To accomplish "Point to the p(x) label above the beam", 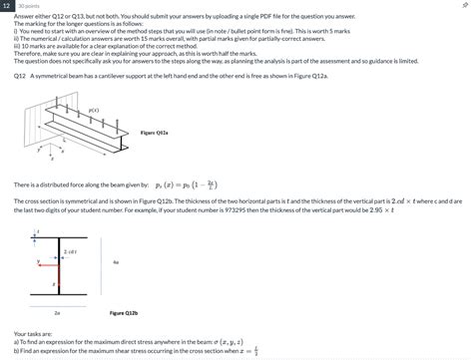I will click(93, 110).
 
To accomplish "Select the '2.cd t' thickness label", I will click(71, 253).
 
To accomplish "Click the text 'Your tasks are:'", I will click(33, 333).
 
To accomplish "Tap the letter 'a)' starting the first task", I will click(17, 341).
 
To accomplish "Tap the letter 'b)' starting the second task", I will click(17, 351).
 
